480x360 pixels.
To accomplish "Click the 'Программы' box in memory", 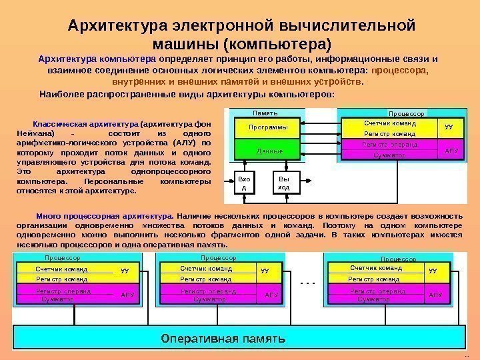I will point(268,127).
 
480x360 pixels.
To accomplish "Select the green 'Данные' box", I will point(269,151).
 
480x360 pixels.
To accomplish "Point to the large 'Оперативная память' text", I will point(225,337).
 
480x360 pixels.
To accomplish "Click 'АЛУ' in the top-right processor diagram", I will point(451,151).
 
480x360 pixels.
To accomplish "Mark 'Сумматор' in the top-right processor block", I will point(390,155).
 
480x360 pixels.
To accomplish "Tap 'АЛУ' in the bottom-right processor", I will point(435,295).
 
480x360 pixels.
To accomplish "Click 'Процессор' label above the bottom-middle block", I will point(218,258).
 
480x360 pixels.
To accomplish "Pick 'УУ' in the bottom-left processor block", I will point(125,271).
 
